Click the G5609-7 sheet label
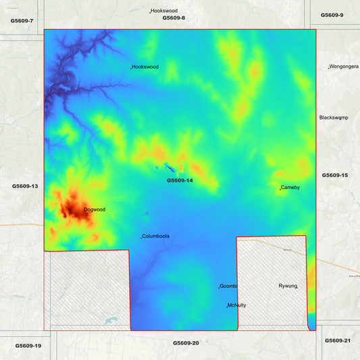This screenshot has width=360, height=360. (22, 21)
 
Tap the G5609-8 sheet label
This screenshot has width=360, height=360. (174, 18)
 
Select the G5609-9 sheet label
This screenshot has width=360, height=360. (332, 15)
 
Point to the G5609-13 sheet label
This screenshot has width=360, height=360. (25, 186)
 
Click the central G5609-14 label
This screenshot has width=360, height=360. (180, 180)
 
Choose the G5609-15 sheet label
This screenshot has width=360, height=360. (334, 175)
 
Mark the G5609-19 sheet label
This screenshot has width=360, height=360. (28, 346)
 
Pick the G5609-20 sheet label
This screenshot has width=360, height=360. (186, 343)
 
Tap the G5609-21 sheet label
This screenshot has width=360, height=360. (338, 340)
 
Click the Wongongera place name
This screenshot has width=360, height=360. (344, 67)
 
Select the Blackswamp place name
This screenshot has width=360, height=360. (333, 118)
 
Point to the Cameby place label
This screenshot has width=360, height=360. (290, 187)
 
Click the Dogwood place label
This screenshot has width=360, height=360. (95, 209)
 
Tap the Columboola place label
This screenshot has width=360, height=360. (156, 236)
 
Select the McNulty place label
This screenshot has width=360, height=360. (237, 305)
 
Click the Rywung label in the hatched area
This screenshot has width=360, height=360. (288, 286)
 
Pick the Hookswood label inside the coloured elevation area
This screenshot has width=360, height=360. (145, 67)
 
